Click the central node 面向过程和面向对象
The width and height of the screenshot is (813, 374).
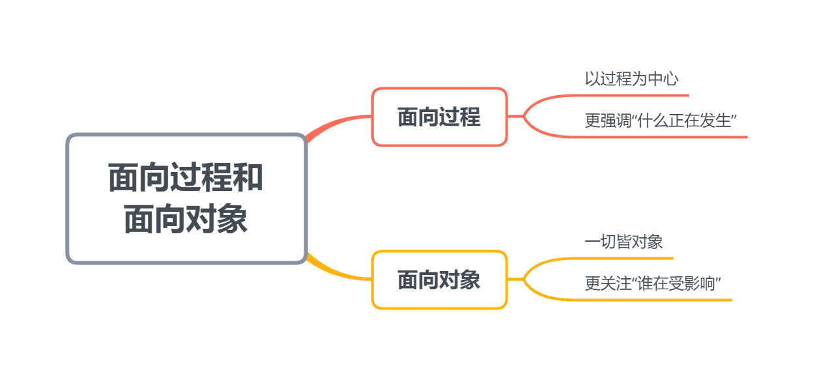[x=186, y=199]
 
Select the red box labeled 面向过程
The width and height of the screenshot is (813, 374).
[x=439, y=117]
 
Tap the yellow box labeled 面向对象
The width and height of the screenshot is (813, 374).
[x=439, y=280]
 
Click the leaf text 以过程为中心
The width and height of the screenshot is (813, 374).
[x=631, y=79]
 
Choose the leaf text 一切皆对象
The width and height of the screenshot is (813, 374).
[x=623, y=242]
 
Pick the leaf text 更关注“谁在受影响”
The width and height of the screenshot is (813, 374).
[x=656, y=284]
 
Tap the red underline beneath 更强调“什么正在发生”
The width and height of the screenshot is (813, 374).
[x=664, y=137]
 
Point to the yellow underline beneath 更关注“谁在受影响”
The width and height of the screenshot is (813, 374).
[x=658, y=300]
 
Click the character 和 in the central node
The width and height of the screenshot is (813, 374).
[x=249, y=177]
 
